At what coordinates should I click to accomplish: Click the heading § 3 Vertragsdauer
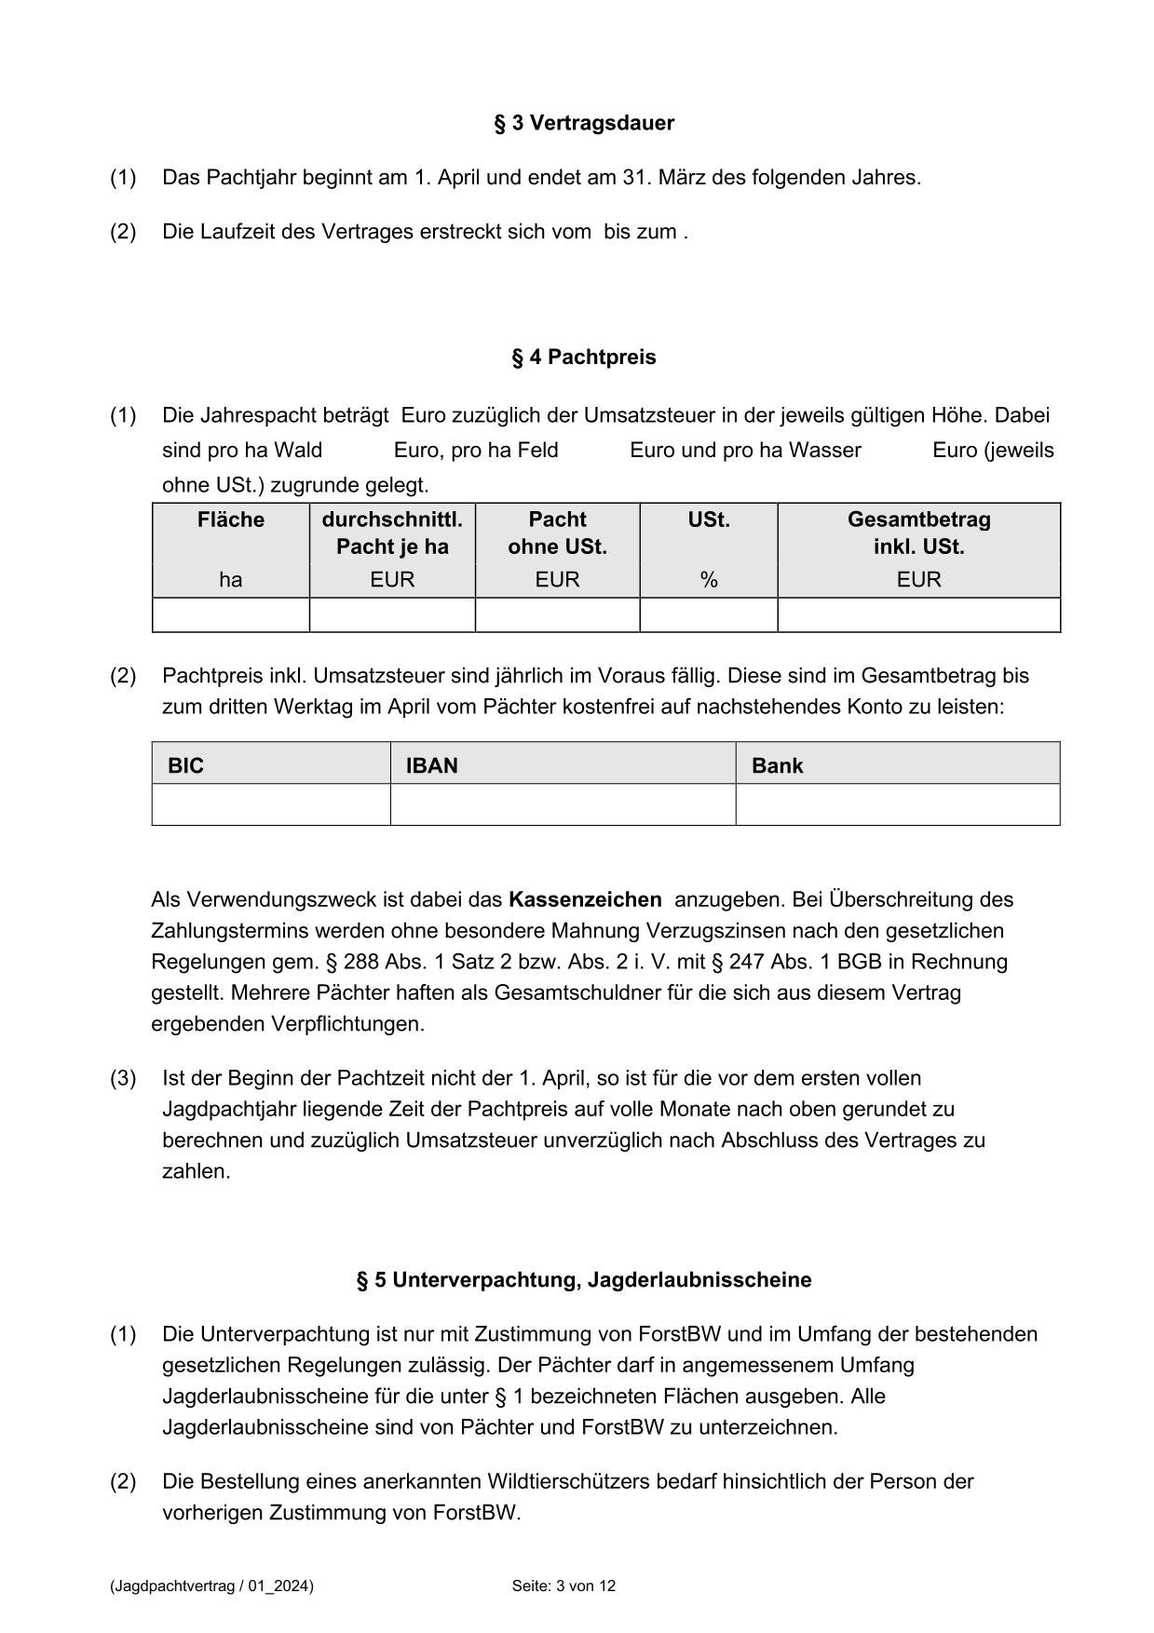pyautogui.click(x=583, y=123)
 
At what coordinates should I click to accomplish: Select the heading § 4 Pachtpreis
pyautogui.click(x=583, y=358)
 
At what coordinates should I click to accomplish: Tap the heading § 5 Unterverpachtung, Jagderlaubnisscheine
pyautogui.click(x=583, y=1280)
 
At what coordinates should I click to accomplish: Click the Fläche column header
pyautogui.click(x=230, y=520)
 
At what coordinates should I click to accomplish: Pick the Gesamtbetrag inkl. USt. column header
pyautogui.click(x=918, y=533)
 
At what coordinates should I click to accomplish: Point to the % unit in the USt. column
pyautogui.click(x=709, y=580)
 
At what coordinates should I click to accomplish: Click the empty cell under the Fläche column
pyautogui.click(x=230, y=615)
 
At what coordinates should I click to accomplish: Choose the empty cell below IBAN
pyautogui.click(x=563, y=804)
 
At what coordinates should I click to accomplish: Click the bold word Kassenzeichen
pyautogui.click(x=585, y=900)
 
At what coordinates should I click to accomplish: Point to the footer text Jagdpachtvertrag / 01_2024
pyautogui.click(x=211, y=1586)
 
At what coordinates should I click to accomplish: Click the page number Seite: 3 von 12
pyautogui.click(x=563, y=1586)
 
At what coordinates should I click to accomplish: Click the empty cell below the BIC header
pyautogui.click(x=270, y=804)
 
